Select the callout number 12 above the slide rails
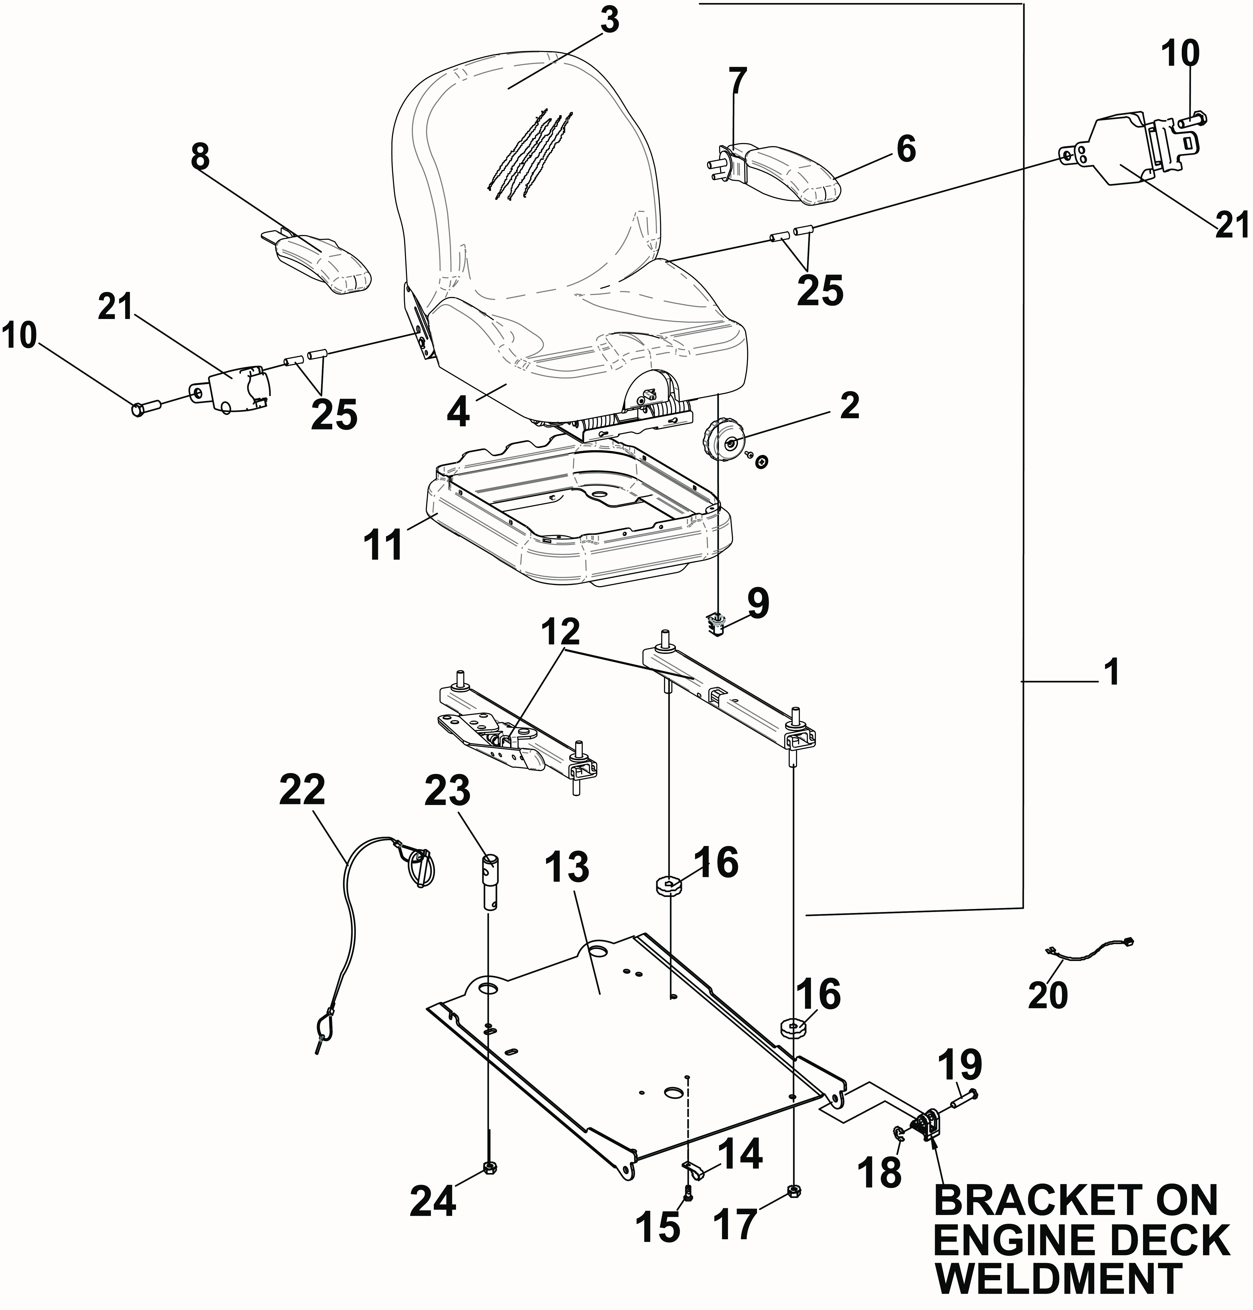tap(561, 630)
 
